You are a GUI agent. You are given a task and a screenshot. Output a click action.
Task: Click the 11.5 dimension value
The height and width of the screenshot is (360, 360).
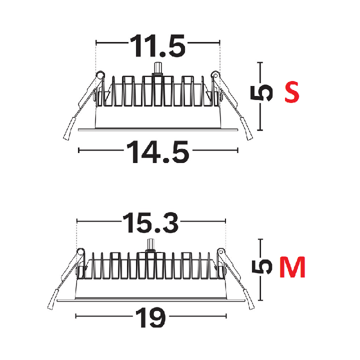(x=157, y=46)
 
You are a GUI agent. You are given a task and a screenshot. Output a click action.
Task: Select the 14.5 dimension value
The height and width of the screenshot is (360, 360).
(x=157, y=152)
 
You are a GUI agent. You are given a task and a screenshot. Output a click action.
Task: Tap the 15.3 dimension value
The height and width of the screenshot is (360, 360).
(x=150, y=222)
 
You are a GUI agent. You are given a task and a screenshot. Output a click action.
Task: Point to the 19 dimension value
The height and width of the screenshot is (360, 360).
(x=150, y=318)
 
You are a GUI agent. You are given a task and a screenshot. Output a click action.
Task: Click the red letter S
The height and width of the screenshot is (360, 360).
(x=292, y=91)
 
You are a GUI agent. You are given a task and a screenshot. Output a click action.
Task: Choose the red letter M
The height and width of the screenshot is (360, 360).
(x=292, y=267)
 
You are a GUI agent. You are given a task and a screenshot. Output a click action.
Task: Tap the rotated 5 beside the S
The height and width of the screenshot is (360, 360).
(x=261, y=93)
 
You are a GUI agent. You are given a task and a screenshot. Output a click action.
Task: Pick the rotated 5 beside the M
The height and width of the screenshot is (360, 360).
(x=261, y=267)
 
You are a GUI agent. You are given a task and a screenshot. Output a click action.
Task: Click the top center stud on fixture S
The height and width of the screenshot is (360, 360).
(x=157, y=69)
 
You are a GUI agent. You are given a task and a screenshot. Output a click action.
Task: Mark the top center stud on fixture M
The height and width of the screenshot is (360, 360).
(x=150, y=245)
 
